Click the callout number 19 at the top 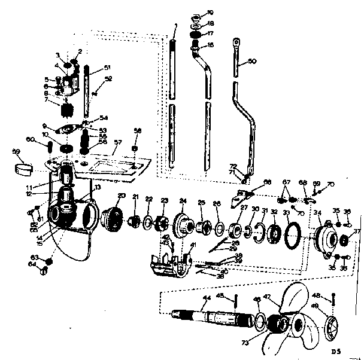211,12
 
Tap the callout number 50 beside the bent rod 252,62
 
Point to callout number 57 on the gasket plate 117,142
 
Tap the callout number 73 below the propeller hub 245,342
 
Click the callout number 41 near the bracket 193,245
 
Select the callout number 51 107,67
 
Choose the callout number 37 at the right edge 357,232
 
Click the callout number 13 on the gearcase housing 97,187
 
